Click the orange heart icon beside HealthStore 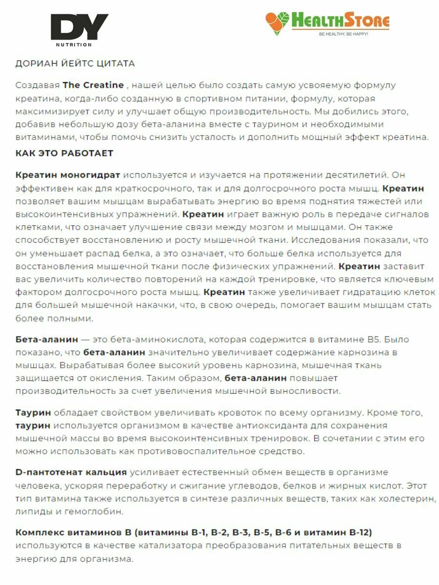pos(277,22)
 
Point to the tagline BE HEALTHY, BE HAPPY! pos(343,35)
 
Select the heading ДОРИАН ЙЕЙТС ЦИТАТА pos(75,63)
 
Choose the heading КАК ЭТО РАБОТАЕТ pos(64,153)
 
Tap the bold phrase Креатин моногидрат pos(68,175)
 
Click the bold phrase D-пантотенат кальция pos(71,472)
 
